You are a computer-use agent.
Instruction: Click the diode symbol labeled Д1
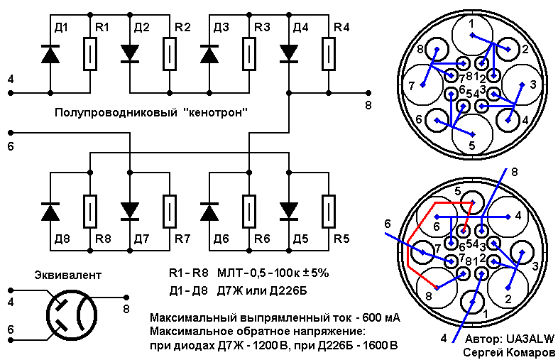50,54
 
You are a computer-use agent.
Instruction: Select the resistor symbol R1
90,53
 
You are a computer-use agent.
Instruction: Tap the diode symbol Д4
289,54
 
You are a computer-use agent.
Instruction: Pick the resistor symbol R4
329,53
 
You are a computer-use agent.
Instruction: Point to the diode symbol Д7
130,211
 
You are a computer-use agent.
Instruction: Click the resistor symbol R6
249,212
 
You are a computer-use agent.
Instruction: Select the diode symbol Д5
289,211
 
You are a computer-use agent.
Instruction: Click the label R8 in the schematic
103,239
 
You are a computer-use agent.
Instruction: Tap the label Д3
221,27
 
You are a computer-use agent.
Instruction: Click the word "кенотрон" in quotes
217,113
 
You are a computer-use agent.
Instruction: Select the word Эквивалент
67,276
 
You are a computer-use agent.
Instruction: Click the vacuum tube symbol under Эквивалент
72,315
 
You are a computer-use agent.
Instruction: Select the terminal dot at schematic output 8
368,93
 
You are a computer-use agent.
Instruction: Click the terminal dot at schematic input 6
11,133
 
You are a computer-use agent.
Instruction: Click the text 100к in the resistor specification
287,273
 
